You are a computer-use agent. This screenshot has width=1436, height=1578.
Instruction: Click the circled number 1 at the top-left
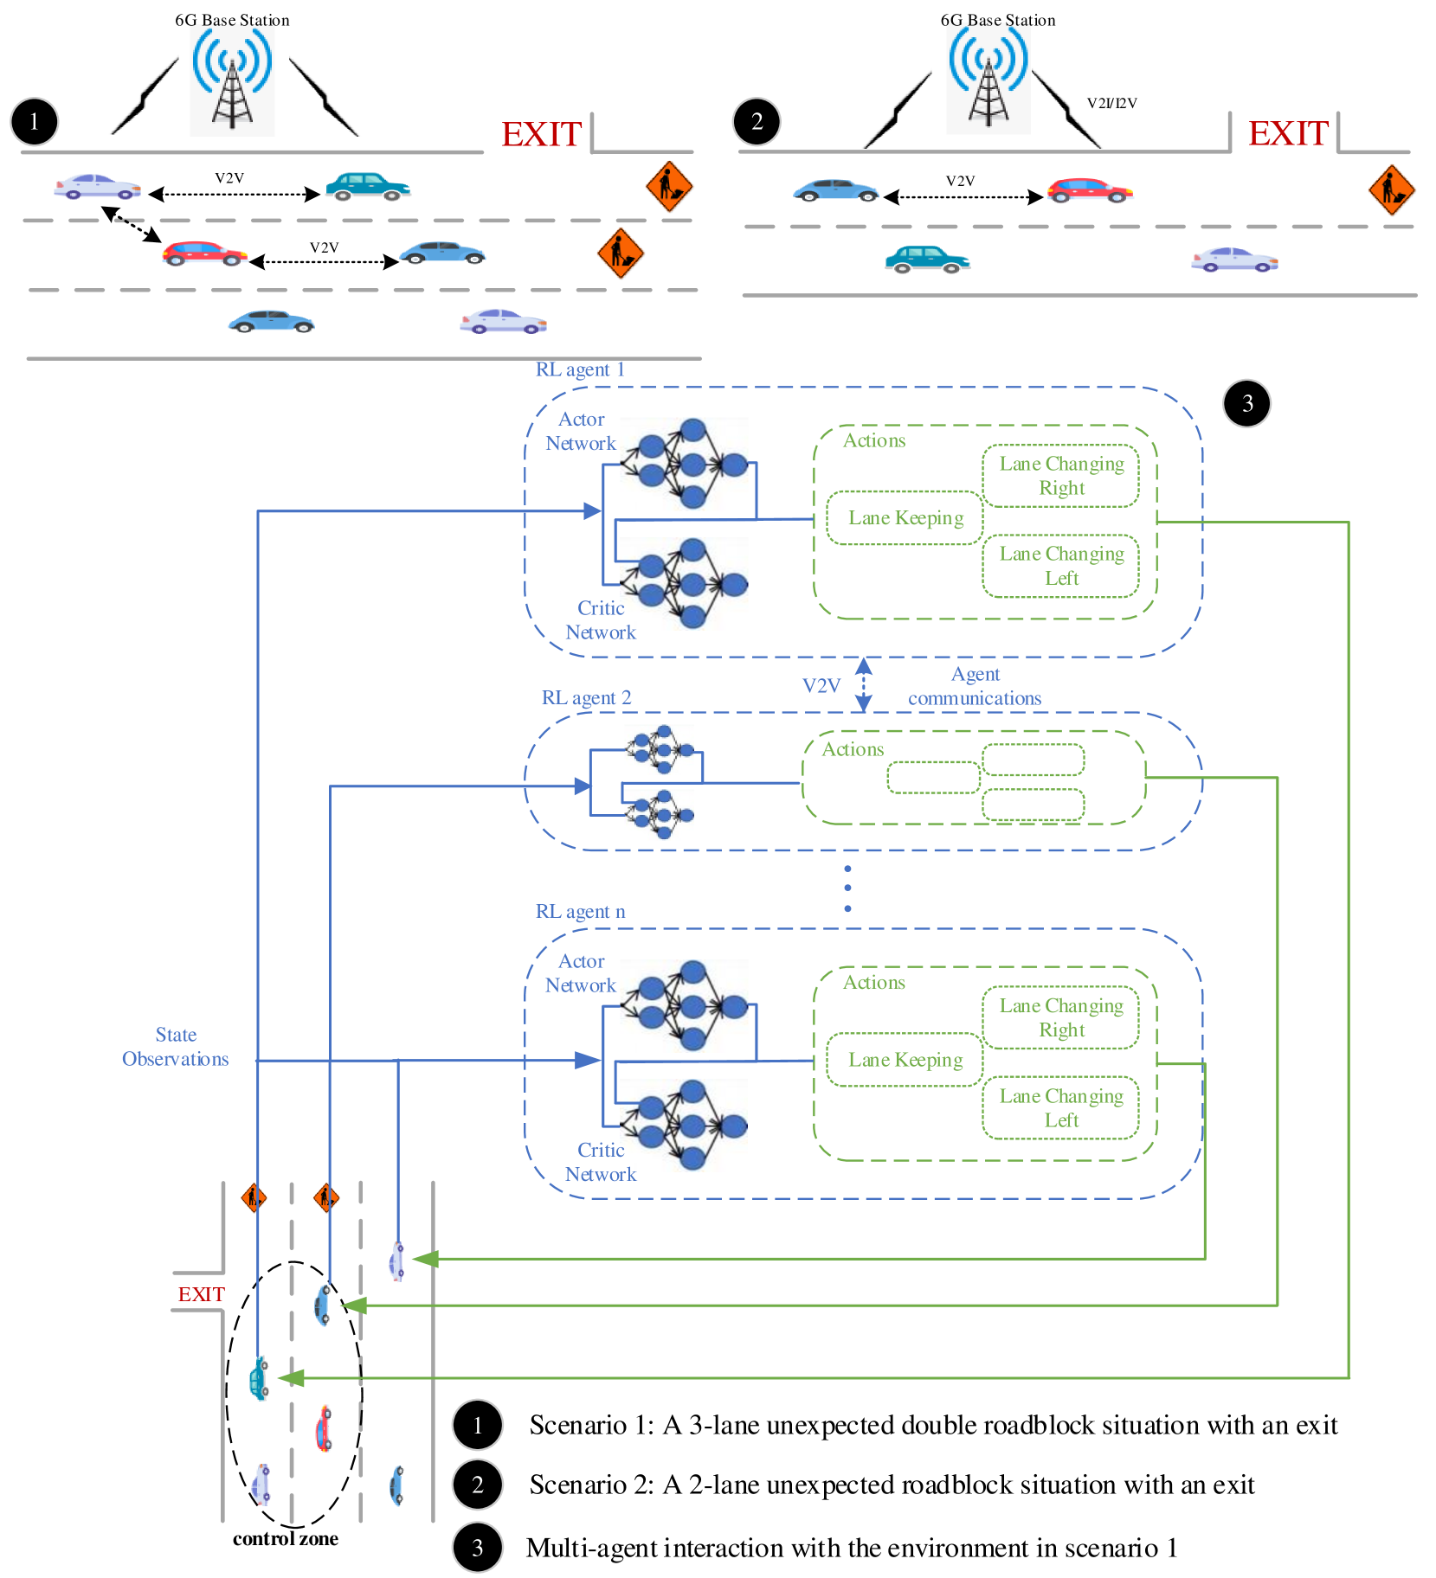[35, 121]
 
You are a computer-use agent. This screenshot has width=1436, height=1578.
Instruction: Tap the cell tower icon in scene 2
[988, 80]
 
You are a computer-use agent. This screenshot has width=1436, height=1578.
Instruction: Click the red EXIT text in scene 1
[542, 135]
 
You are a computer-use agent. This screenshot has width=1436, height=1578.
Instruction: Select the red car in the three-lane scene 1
[204, 253]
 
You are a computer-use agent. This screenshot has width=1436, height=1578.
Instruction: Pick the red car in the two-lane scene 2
[1090, 190]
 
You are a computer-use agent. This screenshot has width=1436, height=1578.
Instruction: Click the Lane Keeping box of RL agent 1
[905, 518]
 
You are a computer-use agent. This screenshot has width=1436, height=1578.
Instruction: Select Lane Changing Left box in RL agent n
[1061, 1108]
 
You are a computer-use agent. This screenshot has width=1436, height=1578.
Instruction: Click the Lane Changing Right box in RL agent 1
[1061, 476]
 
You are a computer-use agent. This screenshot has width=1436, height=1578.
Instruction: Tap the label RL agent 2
[586, 697]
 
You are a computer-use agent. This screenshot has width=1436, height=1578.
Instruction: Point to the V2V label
[821, 686]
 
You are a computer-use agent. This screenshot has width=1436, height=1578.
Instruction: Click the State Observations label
[175, 1047]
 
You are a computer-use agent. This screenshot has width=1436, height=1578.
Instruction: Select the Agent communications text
[975, 686]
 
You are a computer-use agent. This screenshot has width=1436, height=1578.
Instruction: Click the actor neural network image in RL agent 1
[684, 465]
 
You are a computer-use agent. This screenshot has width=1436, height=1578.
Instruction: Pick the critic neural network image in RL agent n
[684, 1126]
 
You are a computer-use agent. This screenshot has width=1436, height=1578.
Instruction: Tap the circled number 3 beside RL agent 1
[1246, 403]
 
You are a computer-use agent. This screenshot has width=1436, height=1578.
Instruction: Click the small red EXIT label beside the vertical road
[201, 1294]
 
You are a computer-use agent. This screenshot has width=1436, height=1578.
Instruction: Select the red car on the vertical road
[323, 1428]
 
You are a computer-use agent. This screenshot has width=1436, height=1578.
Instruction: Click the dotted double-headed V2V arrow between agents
[863, 684]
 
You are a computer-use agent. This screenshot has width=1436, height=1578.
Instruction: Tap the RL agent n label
[580, 912]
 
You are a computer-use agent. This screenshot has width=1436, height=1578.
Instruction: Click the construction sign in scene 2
[1391, 189]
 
